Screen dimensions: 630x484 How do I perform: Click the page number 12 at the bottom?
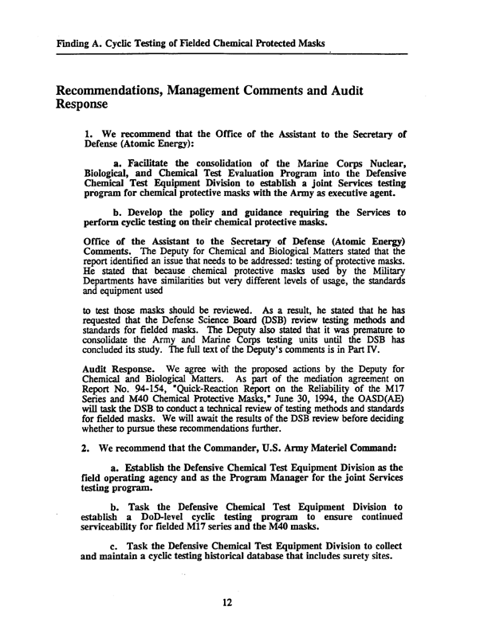pos(227,601)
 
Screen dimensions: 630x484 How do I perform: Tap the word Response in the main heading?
pos(80,104)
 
